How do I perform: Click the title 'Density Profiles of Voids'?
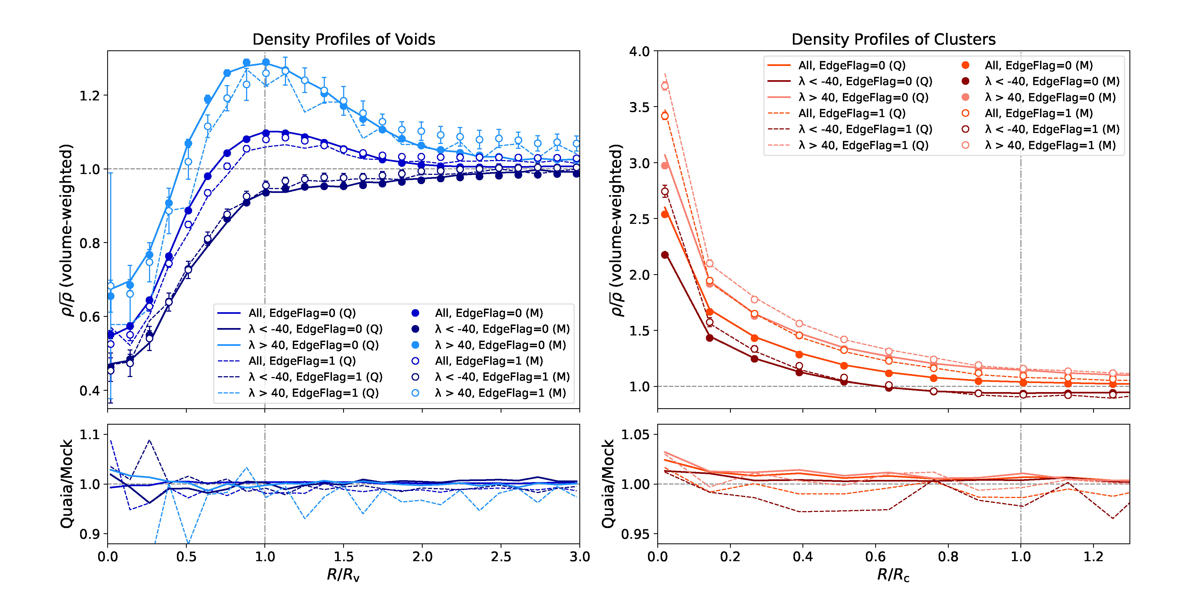click(x=344, y=39)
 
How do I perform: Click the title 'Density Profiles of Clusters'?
click(x=894, y=39)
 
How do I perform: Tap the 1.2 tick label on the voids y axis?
click(x=90, y=96)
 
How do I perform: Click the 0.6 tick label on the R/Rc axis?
click(x=875, y=557)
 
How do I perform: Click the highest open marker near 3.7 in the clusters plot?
click(x=665, y=86)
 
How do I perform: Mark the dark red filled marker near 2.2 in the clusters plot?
click(x=665, y=255)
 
